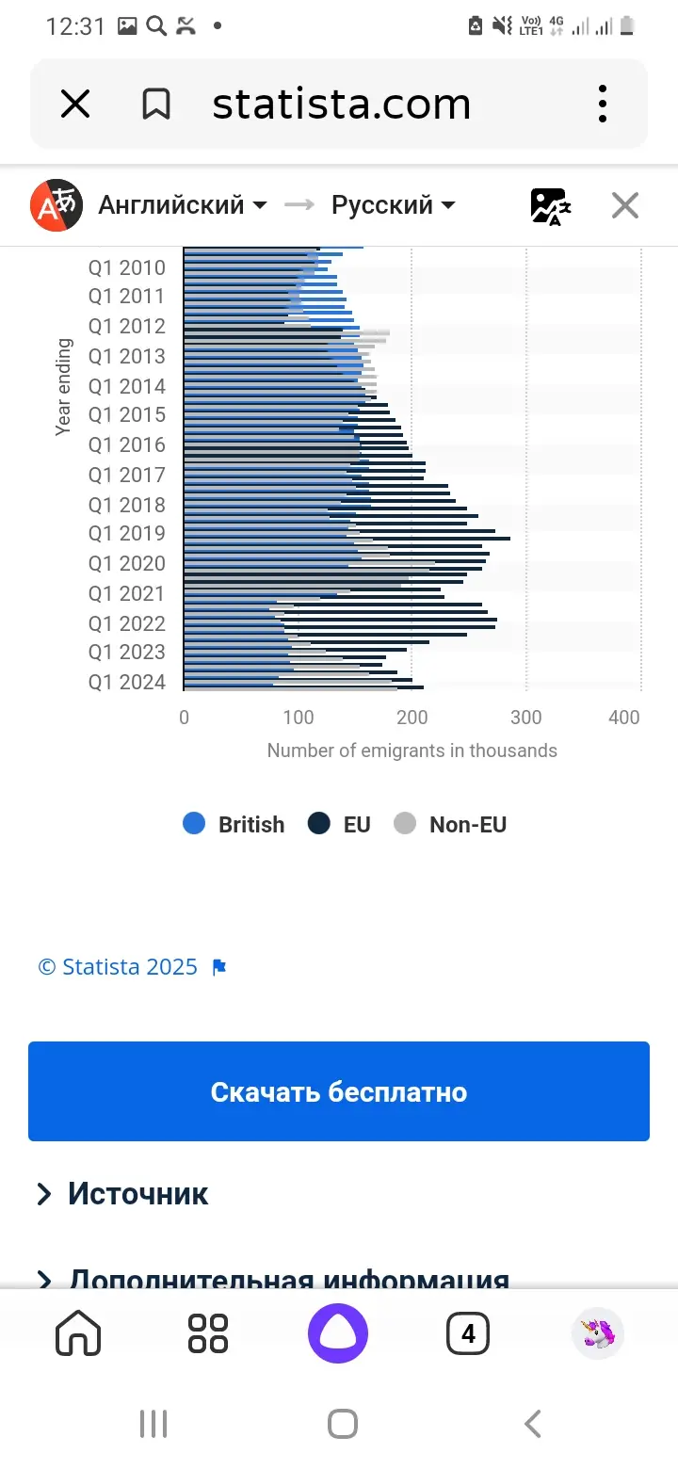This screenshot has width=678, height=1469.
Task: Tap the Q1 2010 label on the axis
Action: (x=126, y=267)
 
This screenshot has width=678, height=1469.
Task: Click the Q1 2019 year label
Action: (x=126, y=533)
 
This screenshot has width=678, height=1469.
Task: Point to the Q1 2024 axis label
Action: (x=126, y=682)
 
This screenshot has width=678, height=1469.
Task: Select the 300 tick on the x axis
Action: (x=525, y=718)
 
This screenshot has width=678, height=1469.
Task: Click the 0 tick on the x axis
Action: (x=184, y=718)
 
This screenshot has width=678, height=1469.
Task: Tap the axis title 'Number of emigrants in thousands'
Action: (x=412, y=751)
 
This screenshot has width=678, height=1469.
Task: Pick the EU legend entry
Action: (x=340, y=825)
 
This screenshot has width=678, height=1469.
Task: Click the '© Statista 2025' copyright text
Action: (x=118, y=967)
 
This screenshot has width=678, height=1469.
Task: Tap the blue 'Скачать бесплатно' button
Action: (x=339, y=1091)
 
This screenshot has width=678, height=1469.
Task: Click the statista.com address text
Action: (x=341, y=104)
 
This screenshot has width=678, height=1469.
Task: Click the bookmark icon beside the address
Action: (x=156, y=104)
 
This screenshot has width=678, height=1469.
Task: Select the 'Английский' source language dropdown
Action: (x=182, y=204)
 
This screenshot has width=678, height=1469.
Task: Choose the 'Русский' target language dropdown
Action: (x=393, y=204)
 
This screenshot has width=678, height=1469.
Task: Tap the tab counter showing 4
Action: (x=468, y=1333)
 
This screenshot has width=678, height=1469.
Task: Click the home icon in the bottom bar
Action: (x=78, y=1333)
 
